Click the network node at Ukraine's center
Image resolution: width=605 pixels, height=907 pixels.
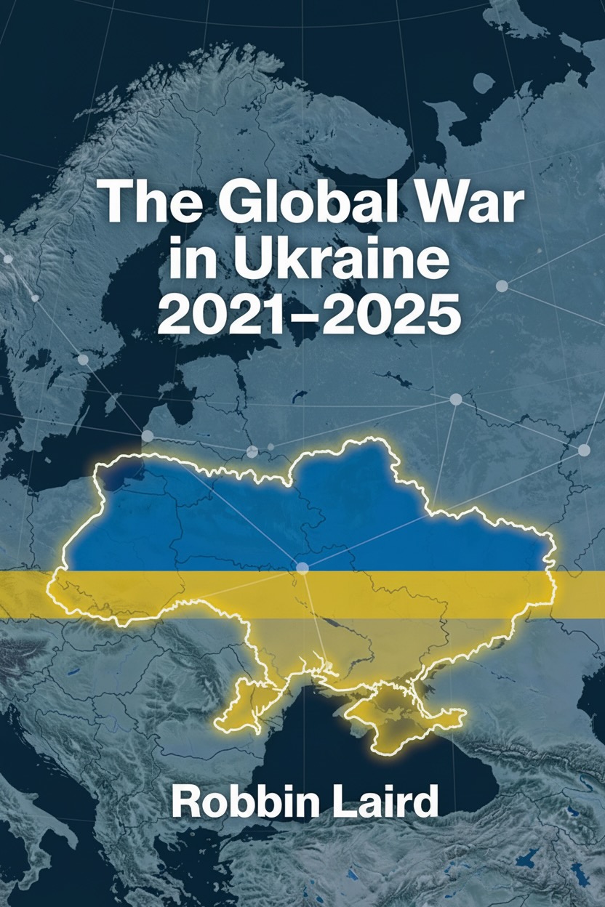302,567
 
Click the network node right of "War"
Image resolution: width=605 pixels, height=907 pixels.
502,286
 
